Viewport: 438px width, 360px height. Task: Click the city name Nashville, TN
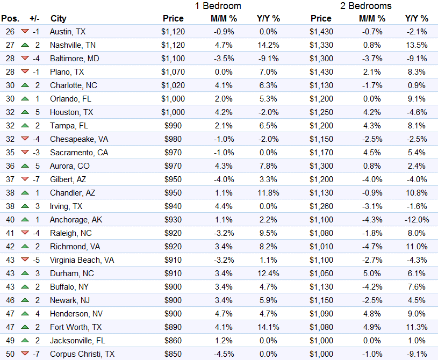click(x=73, y=45)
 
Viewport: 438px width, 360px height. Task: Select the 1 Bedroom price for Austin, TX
click(x=173, y=32)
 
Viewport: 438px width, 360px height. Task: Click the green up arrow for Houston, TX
click(x=25, y=112)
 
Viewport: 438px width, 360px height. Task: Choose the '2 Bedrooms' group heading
click(x=365, y=6)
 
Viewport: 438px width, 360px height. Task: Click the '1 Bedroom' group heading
click(x=218, y=6)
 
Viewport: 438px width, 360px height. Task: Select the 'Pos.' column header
click(x=10, y=18)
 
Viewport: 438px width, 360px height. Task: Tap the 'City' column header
click(x=59, y=18)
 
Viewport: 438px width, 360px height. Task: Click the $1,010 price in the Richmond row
click(x=321, y=247)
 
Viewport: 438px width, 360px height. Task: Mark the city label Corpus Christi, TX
click(x=82, y=354)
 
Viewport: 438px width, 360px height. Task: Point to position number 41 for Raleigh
click(x=10, y=233)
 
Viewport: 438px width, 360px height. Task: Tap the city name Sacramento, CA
click(x=79, y=153)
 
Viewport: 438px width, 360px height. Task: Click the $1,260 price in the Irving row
click(x=321, y=206)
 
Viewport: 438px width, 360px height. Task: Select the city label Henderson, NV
click(x=76, y=314)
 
